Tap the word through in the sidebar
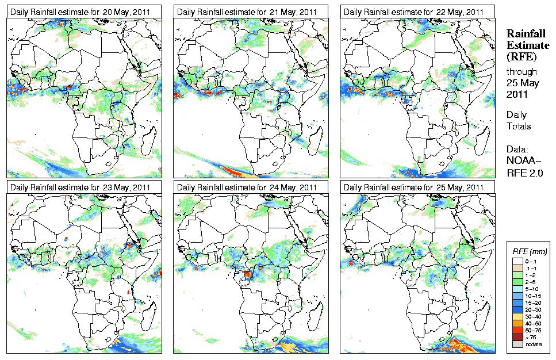[x=522, y=72]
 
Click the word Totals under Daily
[x=519, y=126]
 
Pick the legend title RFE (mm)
[x=530, y=251]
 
